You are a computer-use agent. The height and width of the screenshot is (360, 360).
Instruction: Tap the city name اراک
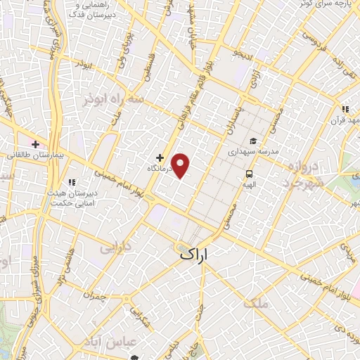tap(195, 255)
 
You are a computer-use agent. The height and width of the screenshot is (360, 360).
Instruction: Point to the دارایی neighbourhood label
tap(115, 247)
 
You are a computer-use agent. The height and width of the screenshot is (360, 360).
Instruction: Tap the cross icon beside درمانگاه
tap(160, 157)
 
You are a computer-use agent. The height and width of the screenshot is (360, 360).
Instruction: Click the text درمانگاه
tap(160, 169)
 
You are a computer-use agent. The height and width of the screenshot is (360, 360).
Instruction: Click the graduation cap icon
tap(253, 141)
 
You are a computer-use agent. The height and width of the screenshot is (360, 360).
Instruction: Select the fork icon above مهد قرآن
tap(345, 109)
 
